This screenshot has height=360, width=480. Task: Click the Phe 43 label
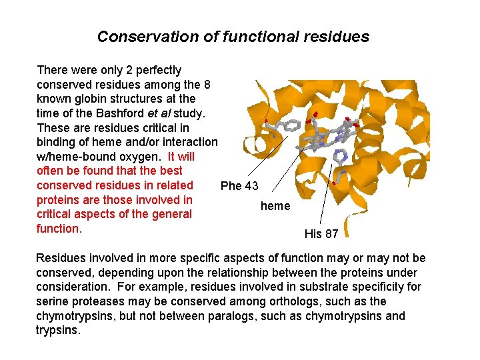[x=239, y=186]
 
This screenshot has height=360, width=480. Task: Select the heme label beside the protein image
[x=275, y=206]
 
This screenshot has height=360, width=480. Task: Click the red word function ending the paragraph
[x=58, y=229]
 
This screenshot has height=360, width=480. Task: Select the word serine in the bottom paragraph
[x=53, y=301]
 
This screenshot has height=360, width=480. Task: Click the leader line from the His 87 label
[x=326, y=193]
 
